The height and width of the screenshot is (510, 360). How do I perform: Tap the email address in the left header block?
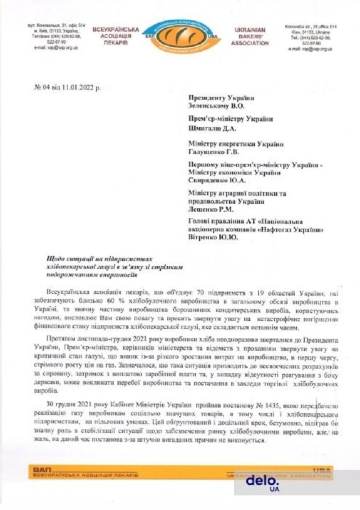49,49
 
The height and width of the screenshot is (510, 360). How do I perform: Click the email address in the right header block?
310,49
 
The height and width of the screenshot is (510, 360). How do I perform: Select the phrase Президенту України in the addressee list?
223,97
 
